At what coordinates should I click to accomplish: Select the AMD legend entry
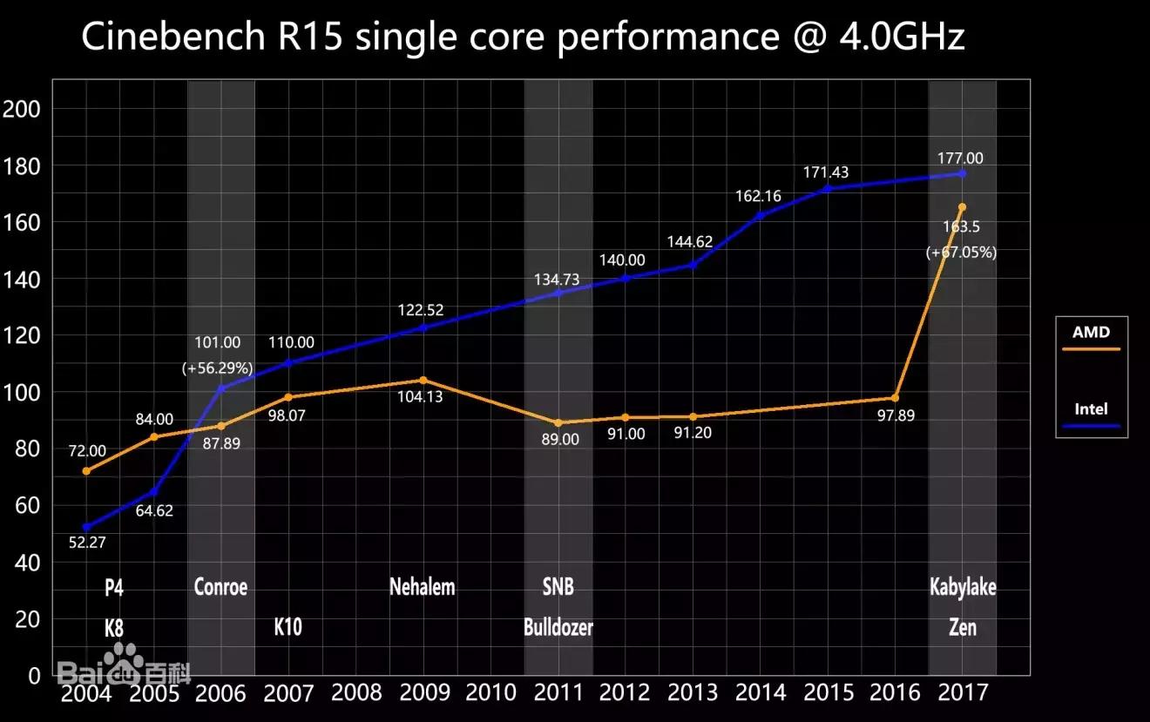pos(1091,332)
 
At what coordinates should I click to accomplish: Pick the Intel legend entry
pos(1091,408)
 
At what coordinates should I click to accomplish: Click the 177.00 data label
pos(961,158)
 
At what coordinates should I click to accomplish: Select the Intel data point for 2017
pos(962,173)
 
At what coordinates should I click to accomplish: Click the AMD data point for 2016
pos(895,398)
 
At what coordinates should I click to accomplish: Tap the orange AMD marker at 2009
pos(423,381)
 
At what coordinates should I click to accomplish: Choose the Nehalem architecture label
pos(423,587)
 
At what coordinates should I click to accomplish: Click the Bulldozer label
pos(558,627)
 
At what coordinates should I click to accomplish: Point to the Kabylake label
pos(963,587)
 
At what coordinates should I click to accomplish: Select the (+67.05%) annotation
pos(961,253)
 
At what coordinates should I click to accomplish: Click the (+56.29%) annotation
pos(217,368)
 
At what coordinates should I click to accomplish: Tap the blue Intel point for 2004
pos(86,527)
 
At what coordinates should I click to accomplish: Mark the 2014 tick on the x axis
pos(761,693)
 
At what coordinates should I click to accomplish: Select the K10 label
pos(288,627)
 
